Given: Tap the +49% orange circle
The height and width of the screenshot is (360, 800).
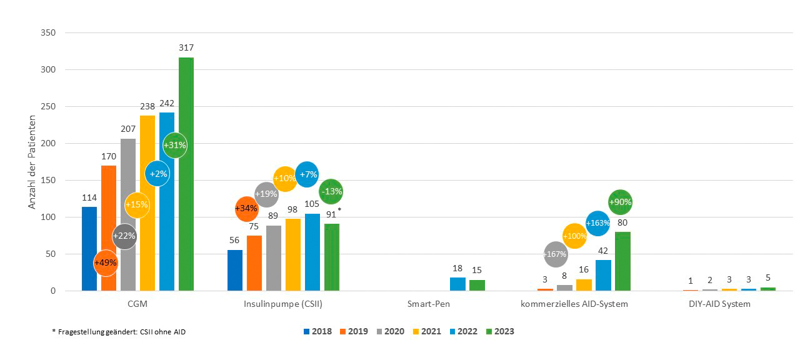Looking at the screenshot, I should click(x=106, y=262).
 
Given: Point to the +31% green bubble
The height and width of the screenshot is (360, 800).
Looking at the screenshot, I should click(x=174, y=145).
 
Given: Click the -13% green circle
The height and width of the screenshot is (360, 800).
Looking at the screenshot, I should click(x=331, y=192).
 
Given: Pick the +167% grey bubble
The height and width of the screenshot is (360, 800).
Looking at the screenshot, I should click(x=556, y=254).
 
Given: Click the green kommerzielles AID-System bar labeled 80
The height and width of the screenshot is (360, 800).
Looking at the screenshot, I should click(x=622, y=261).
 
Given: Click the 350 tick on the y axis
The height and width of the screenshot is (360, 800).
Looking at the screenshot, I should click(x=47, y=32).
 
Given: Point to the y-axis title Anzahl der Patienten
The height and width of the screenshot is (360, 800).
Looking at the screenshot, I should click(x=32, y=162).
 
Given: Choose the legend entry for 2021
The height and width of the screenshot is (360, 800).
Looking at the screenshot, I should click(x=427, y=331).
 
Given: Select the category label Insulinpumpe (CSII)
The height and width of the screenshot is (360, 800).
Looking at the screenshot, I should click(x=283, y=304).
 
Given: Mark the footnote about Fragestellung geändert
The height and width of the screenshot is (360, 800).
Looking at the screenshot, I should click(x=119, y=332).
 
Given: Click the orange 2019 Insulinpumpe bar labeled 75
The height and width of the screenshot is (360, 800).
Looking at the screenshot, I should click(x=254, y=263).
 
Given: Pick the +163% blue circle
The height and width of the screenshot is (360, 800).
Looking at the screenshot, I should click(x=597, y=223).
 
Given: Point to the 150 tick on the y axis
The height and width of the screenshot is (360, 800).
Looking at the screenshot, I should click(x=47, y=180).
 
